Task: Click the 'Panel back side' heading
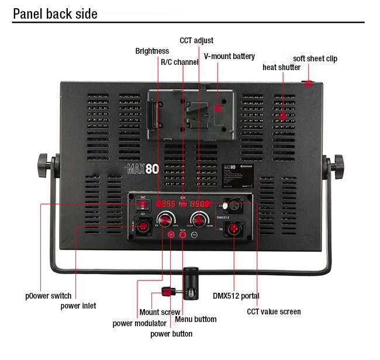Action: pyautogui.click(x=55, y=13)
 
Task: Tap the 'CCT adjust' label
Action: pyautogui.click(x=196, y=40)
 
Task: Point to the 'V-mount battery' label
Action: pyautogui.click(x=229, y=56)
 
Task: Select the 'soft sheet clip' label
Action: pyautogui.click(x=315, y=58)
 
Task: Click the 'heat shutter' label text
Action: pyautogui.click(x=281, y=67)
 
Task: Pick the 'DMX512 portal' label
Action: pyautogui.click(x=236, y=296)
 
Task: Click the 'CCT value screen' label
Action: pyautogui.click(x=274, y=311)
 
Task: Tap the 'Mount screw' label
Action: pyautogui.click(x=160, y=312)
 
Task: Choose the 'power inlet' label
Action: pyautogui.click(x=78, y=306)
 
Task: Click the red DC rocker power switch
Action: pyautogui.click(x=143, y=204)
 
